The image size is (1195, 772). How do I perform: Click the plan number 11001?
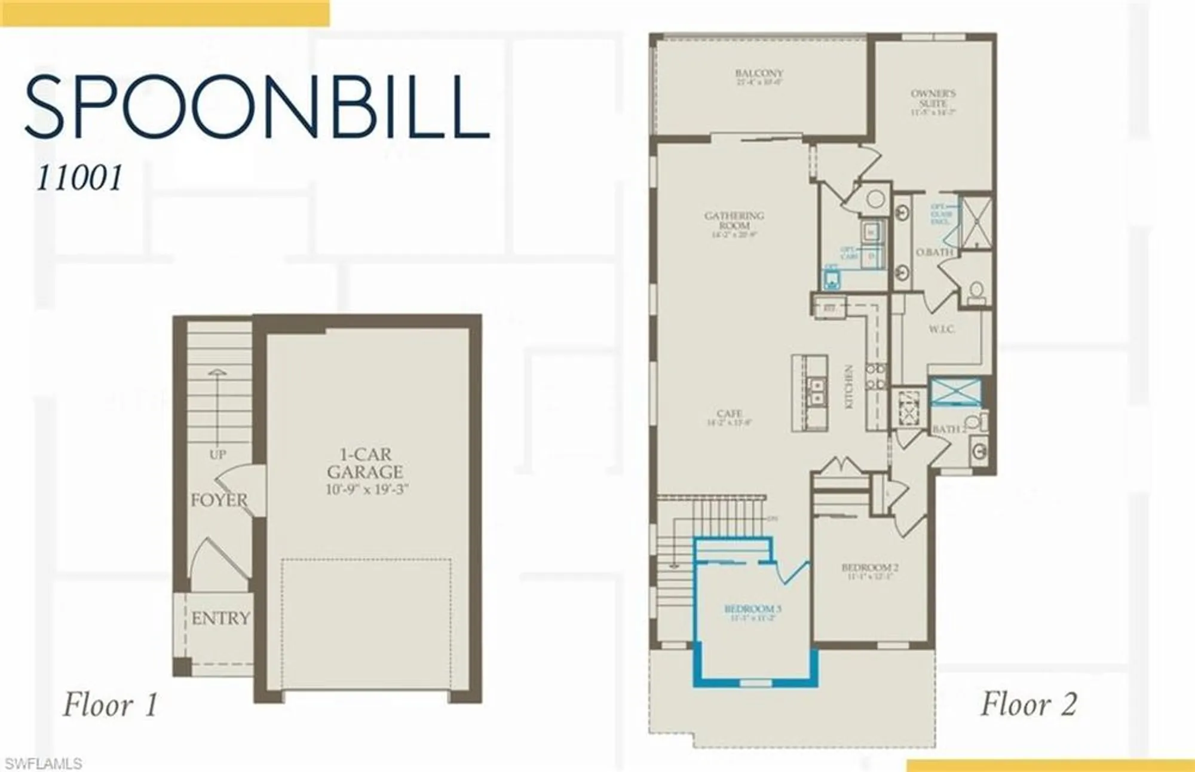[x=79, y=178]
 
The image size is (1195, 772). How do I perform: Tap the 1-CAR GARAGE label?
[x=364, y=463]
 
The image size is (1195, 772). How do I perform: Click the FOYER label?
[x=219, y=500]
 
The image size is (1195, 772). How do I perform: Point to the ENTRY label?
[x=220, y=618]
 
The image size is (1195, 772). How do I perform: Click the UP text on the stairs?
[x=217, y=455]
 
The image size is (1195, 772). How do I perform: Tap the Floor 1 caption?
[x=111, y=704]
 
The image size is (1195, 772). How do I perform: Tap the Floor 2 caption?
[x=1028, y=704]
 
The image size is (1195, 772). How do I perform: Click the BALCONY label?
[x=759, y=73]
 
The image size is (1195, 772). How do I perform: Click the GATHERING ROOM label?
[x=734, y=220]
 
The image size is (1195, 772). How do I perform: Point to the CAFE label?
[x=730, y=413]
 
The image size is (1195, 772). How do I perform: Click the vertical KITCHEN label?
[x=848, y=387]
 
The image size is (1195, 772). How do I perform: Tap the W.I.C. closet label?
[x=942, y=329]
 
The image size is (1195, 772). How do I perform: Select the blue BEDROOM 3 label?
[x=752, y=609]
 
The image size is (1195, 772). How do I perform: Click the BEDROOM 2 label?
[x=869, y=568]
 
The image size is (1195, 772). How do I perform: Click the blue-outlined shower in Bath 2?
[x=956, y=392]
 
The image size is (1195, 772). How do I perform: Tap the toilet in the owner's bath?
[x=976, y=292]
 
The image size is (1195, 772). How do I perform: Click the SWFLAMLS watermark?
[x=43, y=764]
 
